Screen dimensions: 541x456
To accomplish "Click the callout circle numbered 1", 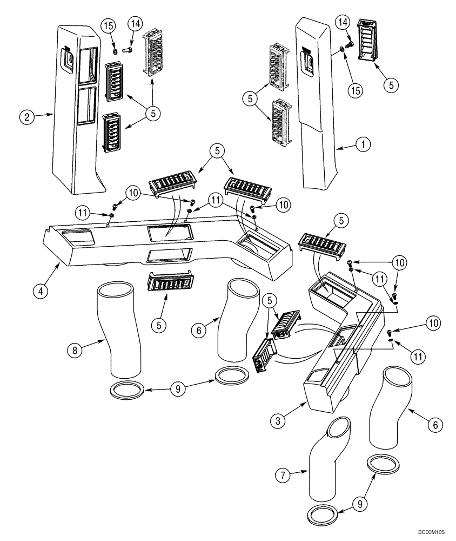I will (x=364, y=144).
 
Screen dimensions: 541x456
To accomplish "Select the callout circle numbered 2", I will (x=25, y=115).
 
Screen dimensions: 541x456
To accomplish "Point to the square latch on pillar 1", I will (x=307, y=61).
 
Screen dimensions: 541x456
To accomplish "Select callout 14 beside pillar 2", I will (x=135, y=24).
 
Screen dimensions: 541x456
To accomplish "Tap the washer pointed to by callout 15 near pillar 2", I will (x=115, y=52).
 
